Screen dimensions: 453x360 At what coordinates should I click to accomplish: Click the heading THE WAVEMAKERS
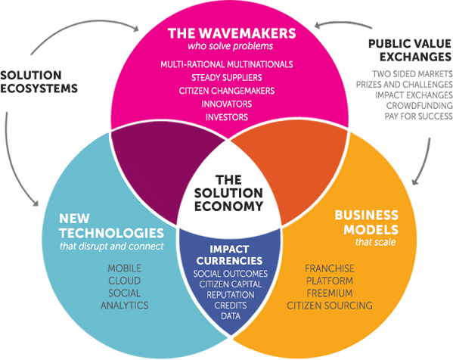coord(231,33)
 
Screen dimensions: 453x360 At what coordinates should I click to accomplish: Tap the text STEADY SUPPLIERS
coord(227,77)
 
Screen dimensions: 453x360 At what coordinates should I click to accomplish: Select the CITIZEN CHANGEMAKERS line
coord(227,91)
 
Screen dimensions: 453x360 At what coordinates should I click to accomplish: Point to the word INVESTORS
coord(227,117)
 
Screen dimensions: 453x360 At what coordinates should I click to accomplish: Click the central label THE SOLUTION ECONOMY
coord(228,193)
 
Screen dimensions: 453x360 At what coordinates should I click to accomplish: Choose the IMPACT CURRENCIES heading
coord(229,255)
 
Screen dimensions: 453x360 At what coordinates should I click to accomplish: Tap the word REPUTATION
coord(231,295)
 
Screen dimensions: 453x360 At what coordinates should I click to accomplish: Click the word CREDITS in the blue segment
coord(231,306)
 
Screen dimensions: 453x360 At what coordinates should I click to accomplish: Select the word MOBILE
coord(125,268)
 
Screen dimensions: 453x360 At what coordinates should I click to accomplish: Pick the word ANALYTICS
coord(125,306)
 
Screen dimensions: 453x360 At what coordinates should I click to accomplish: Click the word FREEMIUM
coord(330,293)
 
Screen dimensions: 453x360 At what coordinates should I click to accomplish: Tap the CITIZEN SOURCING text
coord(330,306)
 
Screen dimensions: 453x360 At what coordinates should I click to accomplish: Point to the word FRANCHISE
coord(330,268)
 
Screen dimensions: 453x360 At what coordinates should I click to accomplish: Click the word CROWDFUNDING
coord(420,106)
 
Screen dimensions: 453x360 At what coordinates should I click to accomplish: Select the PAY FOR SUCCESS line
coord(419,116)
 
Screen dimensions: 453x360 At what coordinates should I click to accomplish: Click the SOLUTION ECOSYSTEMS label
coord(39,82)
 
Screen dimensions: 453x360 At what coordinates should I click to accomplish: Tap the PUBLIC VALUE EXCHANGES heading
coord(410,50)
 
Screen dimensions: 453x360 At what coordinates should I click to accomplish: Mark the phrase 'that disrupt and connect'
coord(112,246)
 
